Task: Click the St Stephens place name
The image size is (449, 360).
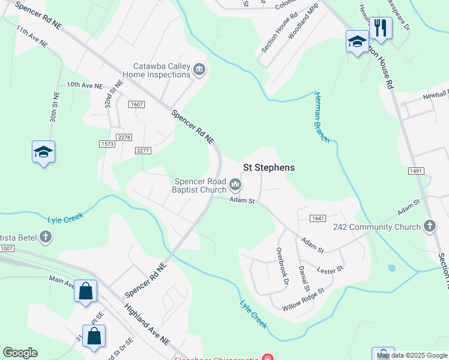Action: tap(268, 167)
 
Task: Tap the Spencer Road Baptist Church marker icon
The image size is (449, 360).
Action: tap(236, 184)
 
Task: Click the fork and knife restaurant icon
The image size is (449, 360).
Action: tap(381, 28)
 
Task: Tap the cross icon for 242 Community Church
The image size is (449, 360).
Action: tap(429, 226)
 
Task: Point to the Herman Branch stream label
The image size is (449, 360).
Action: tap(322, 118)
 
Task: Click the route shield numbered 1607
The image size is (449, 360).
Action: tap(136, 104)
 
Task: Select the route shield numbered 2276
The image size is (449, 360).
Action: tap(124, 137)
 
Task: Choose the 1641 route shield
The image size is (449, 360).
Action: tap(318, 218)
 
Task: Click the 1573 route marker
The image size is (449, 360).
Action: tap(107, 144)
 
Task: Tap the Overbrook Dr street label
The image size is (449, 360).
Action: tap(282, 266)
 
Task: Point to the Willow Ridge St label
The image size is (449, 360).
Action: tap(303, 298)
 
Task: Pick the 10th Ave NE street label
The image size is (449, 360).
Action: tap(85, 86)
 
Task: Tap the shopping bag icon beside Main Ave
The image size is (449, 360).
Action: tap(85, 292)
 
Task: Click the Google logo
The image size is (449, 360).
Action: tap(20, 353)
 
